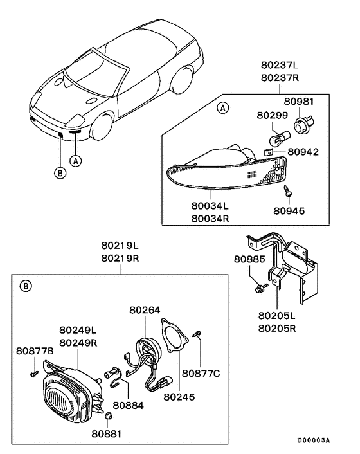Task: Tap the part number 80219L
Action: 120,246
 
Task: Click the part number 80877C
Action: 202,372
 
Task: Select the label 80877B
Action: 34,351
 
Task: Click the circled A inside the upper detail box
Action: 224,109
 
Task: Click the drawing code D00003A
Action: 314,440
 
